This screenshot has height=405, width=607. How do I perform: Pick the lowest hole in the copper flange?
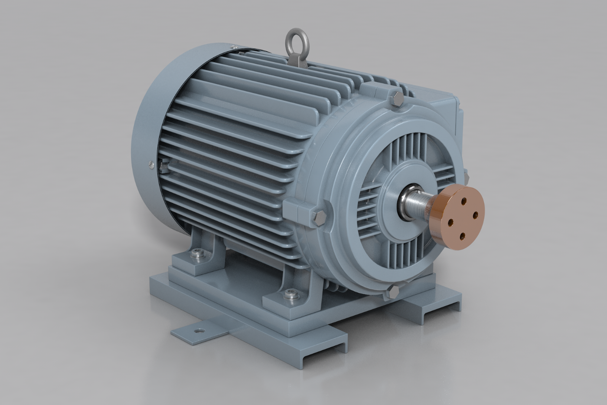point(462,236)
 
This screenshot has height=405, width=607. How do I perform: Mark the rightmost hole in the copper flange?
point(475,214)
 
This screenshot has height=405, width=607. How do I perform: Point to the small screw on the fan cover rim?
point(150,164)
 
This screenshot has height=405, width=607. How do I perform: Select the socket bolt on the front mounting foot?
point(289,296)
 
